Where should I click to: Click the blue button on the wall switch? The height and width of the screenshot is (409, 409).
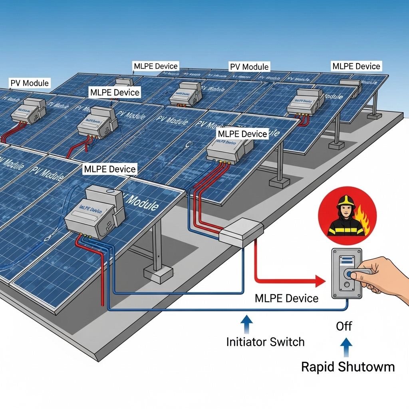350,274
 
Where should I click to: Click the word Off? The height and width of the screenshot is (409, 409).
343,326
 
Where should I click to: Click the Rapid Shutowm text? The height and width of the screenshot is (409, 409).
347,367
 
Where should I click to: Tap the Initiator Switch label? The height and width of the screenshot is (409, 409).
265,342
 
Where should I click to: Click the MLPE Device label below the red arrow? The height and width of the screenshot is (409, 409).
286,298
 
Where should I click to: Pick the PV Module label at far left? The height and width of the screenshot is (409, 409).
30,83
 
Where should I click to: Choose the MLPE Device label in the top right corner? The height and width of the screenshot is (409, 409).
356,66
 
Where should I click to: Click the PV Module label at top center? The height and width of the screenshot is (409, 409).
249,66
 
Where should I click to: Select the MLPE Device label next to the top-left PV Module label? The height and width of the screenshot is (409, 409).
115,93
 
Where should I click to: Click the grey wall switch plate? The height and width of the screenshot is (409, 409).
347,273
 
